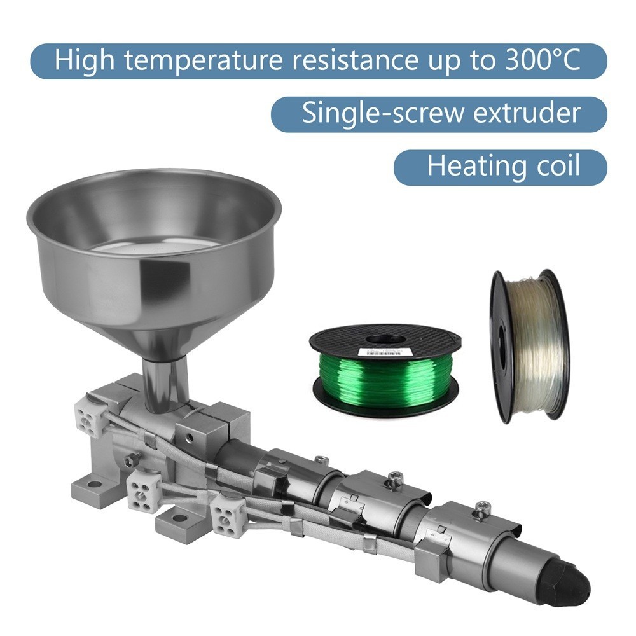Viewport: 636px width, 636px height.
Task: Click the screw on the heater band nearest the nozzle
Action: pos(481,507)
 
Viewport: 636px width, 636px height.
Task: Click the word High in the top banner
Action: pos(81,60)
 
